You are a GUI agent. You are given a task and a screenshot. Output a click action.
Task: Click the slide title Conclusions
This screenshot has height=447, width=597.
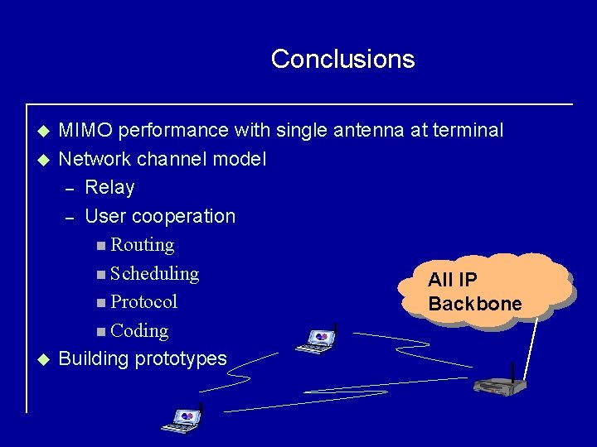(342, 59)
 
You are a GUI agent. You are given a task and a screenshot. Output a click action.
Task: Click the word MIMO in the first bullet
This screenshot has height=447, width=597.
(87, 130)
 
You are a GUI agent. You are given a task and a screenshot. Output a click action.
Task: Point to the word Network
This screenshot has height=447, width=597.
(93, 159)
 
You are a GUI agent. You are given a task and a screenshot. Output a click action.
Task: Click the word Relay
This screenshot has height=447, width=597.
(109, 187)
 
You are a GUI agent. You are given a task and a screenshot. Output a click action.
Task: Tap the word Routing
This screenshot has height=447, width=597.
(142, 245)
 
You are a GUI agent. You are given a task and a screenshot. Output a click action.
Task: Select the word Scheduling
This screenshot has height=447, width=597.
(154, 273)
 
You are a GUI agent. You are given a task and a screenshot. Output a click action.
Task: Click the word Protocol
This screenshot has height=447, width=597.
(143, 301)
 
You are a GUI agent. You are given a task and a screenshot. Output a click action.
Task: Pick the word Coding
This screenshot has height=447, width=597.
(139, 330)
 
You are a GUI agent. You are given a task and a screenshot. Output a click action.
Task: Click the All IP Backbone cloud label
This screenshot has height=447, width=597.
(474, 291)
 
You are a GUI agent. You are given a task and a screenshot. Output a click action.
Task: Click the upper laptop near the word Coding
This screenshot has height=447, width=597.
(318, 339)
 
